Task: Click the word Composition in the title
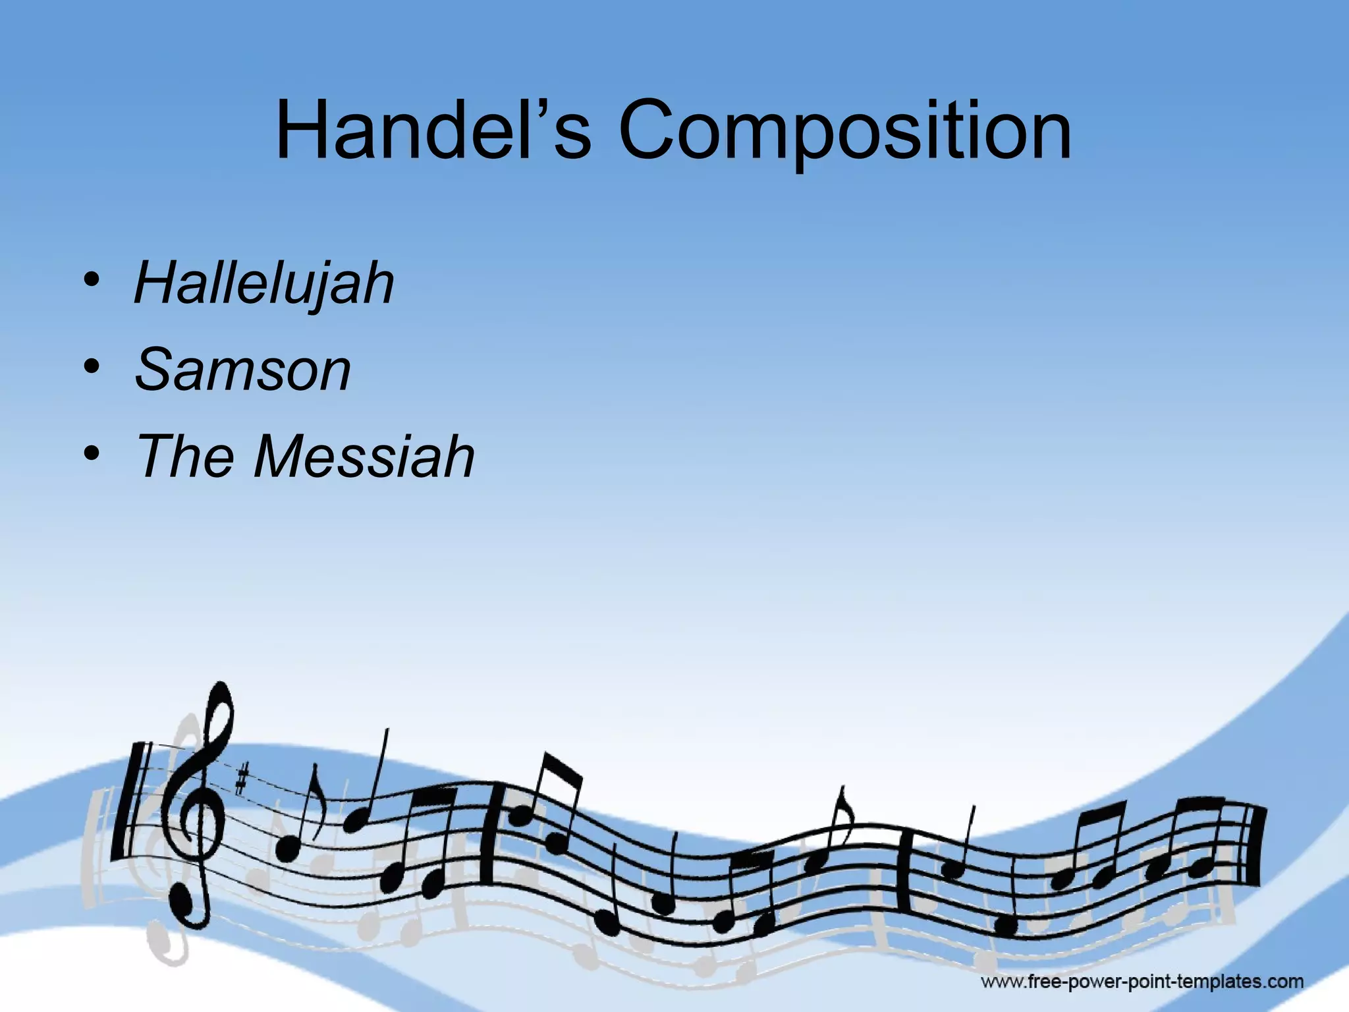844,132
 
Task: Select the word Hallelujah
264,285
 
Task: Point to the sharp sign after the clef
242,781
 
